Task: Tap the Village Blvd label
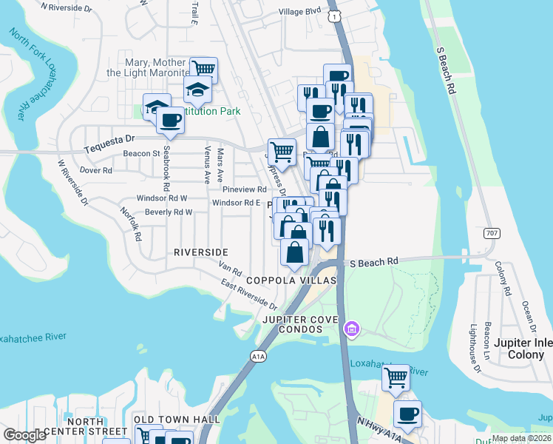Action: [300, 11]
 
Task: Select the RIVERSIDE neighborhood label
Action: [200, 252]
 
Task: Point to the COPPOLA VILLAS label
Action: [291, 280]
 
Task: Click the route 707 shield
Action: [492, 233]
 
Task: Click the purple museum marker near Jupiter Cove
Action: [352, 327]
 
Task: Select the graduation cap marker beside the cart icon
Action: [197, 90]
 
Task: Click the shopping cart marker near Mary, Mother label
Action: [203, 70]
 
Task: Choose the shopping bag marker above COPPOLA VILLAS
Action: [295, 252]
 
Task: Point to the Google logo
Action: [25, 435]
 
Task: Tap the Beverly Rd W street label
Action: [169, 212]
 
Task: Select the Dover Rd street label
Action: [95, 169]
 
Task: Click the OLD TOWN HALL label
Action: [177, 420]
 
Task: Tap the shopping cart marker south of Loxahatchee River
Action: [396, 377]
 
